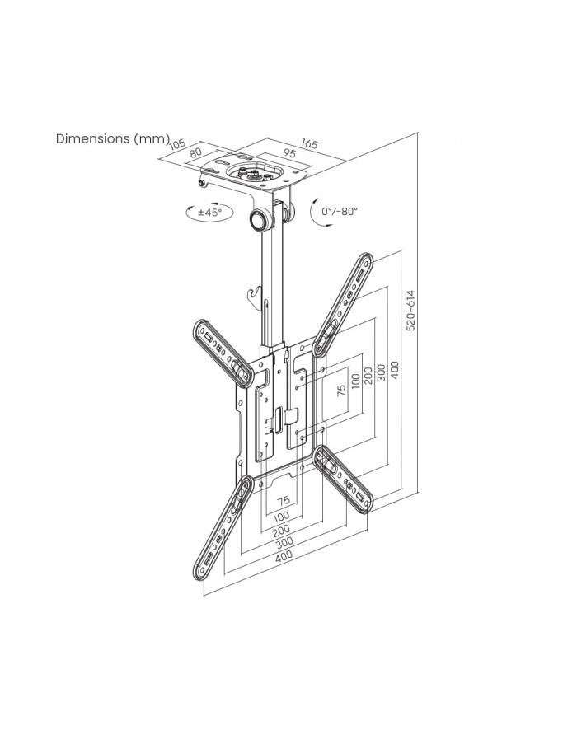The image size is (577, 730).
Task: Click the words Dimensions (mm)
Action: [112, 138]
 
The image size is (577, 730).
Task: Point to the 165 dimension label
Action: [308, 144]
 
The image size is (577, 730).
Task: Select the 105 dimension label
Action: [176, 145]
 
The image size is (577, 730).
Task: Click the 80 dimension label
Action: [195, 152]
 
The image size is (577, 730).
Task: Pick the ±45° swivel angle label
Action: [209, 213]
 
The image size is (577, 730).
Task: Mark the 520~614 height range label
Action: [411, 310]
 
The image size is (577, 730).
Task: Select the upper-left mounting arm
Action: [221, 349]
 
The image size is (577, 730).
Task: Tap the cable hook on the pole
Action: [257, 293]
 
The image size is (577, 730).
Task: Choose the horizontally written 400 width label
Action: [284, 555]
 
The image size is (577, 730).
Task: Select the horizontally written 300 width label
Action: [284, 542]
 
